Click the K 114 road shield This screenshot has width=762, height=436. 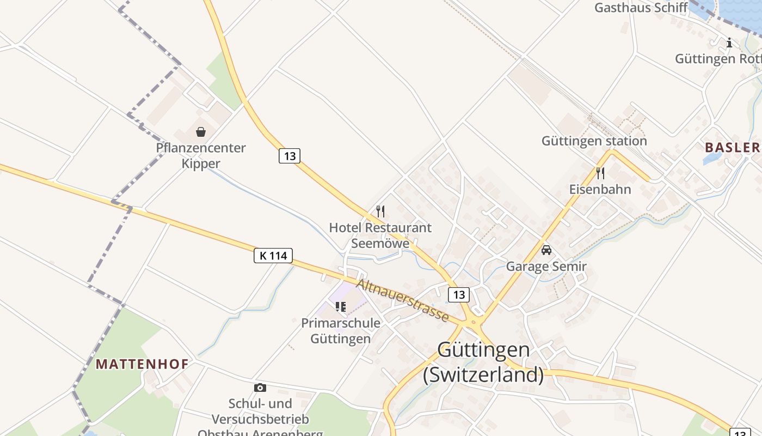coord(273,255)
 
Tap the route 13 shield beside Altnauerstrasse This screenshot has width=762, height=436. coord(459,295)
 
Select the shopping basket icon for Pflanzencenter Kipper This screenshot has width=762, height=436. coord(201,132)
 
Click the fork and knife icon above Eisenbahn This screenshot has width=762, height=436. coord(600,173)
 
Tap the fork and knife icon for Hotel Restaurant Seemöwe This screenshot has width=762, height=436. coord(380,211)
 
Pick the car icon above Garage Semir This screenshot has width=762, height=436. coord(546,250)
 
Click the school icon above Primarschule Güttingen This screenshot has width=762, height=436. coord(341,307)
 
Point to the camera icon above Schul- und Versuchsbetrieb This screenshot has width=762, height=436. coord(260,387)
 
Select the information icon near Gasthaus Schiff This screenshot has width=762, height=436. coord(729,43)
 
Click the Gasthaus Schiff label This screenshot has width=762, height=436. coord(641,8)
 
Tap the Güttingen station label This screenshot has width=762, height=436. coord(594,141)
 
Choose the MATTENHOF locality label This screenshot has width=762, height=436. coord(142,364)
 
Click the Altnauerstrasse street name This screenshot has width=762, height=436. coord(402,301)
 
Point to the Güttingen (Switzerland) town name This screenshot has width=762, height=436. coord(483,362)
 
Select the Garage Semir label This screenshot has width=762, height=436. coord(546,267)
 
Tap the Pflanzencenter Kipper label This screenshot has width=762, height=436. coord(201,155)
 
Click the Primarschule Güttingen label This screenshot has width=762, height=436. coord(341,330)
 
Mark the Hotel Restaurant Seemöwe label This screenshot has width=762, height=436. coord(380,235)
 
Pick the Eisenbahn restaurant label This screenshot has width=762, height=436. coord(600,189)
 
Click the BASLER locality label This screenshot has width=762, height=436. coord(733,147)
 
